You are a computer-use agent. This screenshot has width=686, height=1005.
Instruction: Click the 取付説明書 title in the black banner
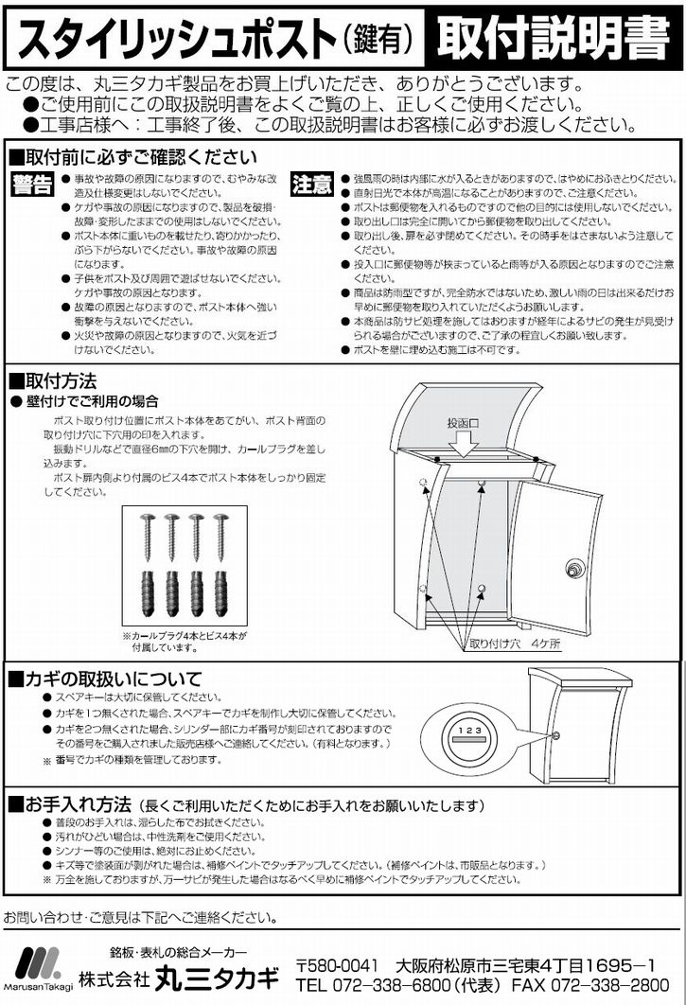click(x=553, y=38)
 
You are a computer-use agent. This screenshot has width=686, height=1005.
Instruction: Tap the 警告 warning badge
click(x=32, y=185)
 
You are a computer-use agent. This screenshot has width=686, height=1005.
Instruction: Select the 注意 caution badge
click(x=312, y=184)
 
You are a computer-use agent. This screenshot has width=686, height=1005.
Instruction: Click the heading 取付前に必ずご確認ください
click(x=133, y=157)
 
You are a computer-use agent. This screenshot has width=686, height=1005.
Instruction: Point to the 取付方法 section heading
click(x=53, y=381)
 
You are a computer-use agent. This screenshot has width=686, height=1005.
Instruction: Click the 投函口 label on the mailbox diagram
click(x=463, y=423)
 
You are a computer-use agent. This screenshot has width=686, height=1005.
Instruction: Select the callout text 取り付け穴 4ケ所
click(x=515, y=644)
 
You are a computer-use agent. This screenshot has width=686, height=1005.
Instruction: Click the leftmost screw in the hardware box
click(x=147, y=537)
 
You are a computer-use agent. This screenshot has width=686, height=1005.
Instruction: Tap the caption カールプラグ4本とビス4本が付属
click(x=184, y=642)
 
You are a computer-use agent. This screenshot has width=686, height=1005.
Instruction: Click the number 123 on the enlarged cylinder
click(x=470, y=730)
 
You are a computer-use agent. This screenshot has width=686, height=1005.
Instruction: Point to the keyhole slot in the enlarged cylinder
click(x=470, y=740)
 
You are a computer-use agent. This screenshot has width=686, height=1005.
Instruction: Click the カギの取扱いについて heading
click(x=105, y=679)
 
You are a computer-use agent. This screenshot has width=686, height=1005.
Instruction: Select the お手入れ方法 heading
click(x=71, y=804)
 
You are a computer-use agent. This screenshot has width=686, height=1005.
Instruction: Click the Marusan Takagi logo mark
click(x=38, y=962)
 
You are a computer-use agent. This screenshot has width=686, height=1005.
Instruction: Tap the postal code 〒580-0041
click(x=337, y=965)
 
